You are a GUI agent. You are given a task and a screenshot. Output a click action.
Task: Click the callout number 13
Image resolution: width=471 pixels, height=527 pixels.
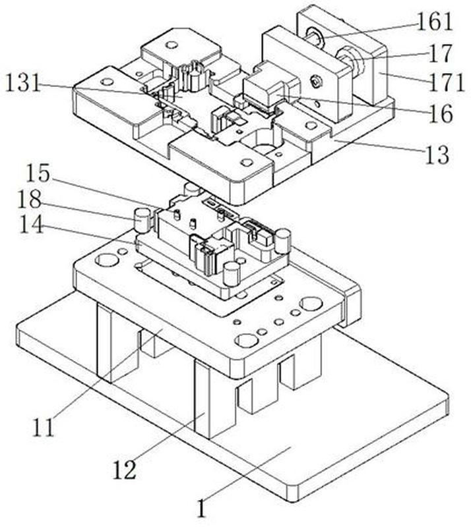[436, 156]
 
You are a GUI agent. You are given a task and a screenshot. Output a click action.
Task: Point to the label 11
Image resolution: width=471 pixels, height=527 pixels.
[44, 427]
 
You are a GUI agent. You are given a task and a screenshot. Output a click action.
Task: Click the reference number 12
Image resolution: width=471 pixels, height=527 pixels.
[125, 470]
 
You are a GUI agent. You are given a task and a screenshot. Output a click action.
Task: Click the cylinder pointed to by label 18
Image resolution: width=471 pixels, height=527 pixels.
[142, 220]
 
